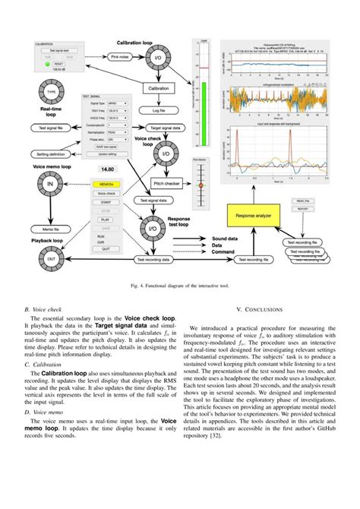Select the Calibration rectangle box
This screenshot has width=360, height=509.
[x=159, y=89]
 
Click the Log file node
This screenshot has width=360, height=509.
[x=159, y=110]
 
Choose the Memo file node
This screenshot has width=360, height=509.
[x=51, y=228]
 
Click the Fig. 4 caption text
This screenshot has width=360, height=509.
[x=179, y=286]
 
